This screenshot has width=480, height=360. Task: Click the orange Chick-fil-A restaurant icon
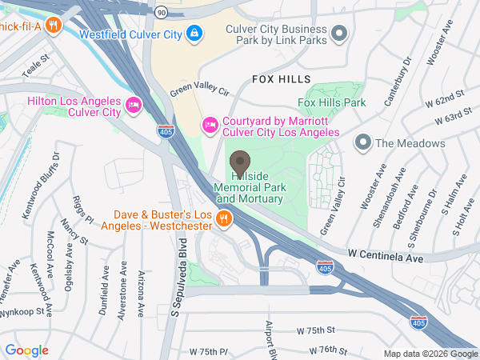click(52, 24)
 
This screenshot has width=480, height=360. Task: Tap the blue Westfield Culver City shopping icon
click(193, 33)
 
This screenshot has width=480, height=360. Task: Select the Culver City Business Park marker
click(339, 33)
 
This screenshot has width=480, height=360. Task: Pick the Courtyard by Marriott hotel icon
click(210, 123)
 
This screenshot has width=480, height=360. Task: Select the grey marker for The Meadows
click(363, 143)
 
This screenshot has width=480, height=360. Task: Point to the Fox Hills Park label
click(331, 103)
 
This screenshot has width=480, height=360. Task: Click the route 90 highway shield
click(161, 13)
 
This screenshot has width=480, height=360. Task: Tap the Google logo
click(26, 350)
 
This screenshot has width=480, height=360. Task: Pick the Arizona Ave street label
click(140, 295)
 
